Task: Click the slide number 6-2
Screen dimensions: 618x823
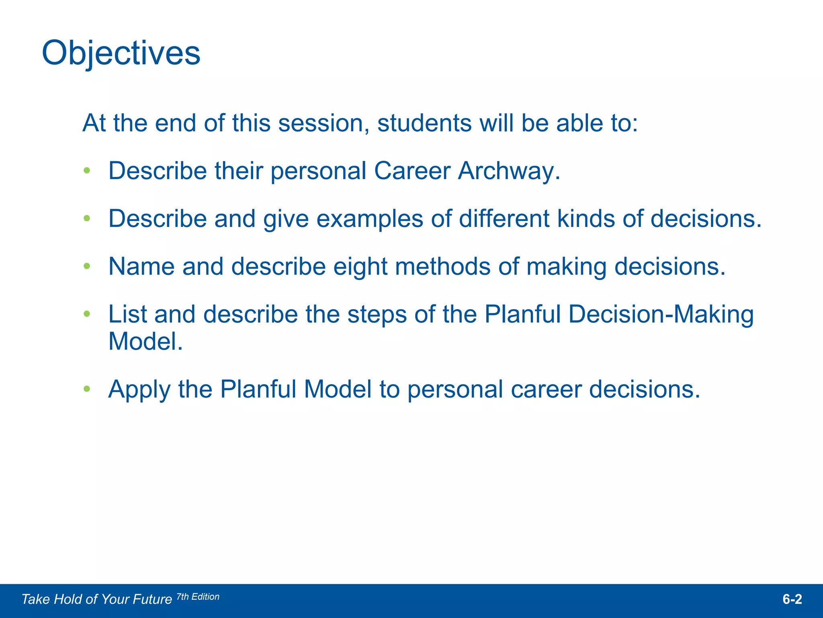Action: (792, 599)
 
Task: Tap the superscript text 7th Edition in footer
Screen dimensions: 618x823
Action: (198, 597)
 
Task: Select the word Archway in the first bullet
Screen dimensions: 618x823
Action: (509, 171)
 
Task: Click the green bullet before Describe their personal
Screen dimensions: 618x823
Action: (87, 171)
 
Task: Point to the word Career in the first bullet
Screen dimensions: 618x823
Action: (412, 171)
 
